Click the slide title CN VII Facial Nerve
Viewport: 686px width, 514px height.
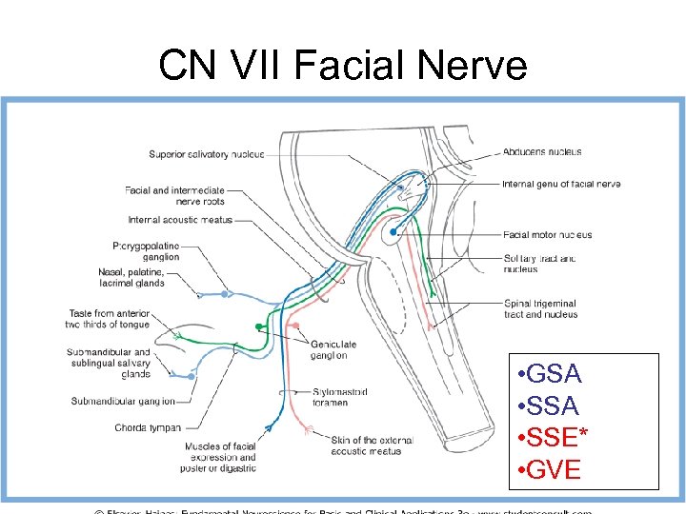[342, 66]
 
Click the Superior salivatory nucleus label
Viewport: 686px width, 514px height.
[207, 154]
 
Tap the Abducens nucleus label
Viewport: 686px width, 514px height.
[542, 151]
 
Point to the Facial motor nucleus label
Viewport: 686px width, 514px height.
[548, 234]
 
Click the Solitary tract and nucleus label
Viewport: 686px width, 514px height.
[540, 264]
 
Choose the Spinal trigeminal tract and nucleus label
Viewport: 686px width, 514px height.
[540, 308]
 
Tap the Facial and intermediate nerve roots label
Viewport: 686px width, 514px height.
[174, 195]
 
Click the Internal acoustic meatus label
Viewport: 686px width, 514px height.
[180, 220]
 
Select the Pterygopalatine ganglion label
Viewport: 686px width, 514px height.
[145, 250]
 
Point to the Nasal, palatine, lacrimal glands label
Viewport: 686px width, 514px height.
[131, 277]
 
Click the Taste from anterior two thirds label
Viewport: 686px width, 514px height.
[109, 318]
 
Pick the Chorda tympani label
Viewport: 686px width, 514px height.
[148, 427]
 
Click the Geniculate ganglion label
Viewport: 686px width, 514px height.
[333, 349]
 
